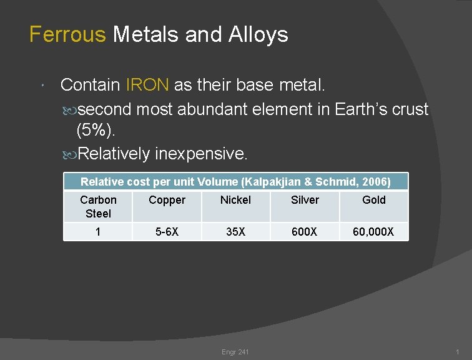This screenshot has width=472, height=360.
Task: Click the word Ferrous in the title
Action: pyautogui.click(x=67, y=34)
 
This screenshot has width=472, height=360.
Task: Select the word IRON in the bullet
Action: pyautogui.click(x=148, y=84)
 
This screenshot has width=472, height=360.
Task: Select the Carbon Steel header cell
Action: pyautogui.click(x=98, y=206)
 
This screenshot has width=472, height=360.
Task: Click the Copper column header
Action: pyautogui.click(x=167, y=200)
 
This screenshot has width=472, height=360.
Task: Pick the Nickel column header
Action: pyautogui.click(x=235, y=200)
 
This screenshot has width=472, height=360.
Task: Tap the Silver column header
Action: pyautogui.click(x=305, y=200)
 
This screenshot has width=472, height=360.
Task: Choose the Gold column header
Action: pyautogui.click(x=374, y=200)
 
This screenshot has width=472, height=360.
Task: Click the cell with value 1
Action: pyautogui.click(x=98, y=232)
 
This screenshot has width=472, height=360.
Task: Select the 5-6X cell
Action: pyautogui.click(x=167, y=232)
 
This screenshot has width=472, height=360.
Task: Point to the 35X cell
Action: pyautogui.click(x=235, y=232)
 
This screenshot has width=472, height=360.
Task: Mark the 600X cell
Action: pyautogui.click(x=305, y=232)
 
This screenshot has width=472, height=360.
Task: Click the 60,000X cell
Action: pyautogui.click(x=373, y=232)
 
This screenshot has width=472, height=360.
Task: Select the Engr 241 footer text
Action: pyautogui.click(x=235, y=352)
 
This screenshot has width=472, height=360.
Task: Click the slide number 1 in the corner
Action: pyautogui.click(x=458, y=352)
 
